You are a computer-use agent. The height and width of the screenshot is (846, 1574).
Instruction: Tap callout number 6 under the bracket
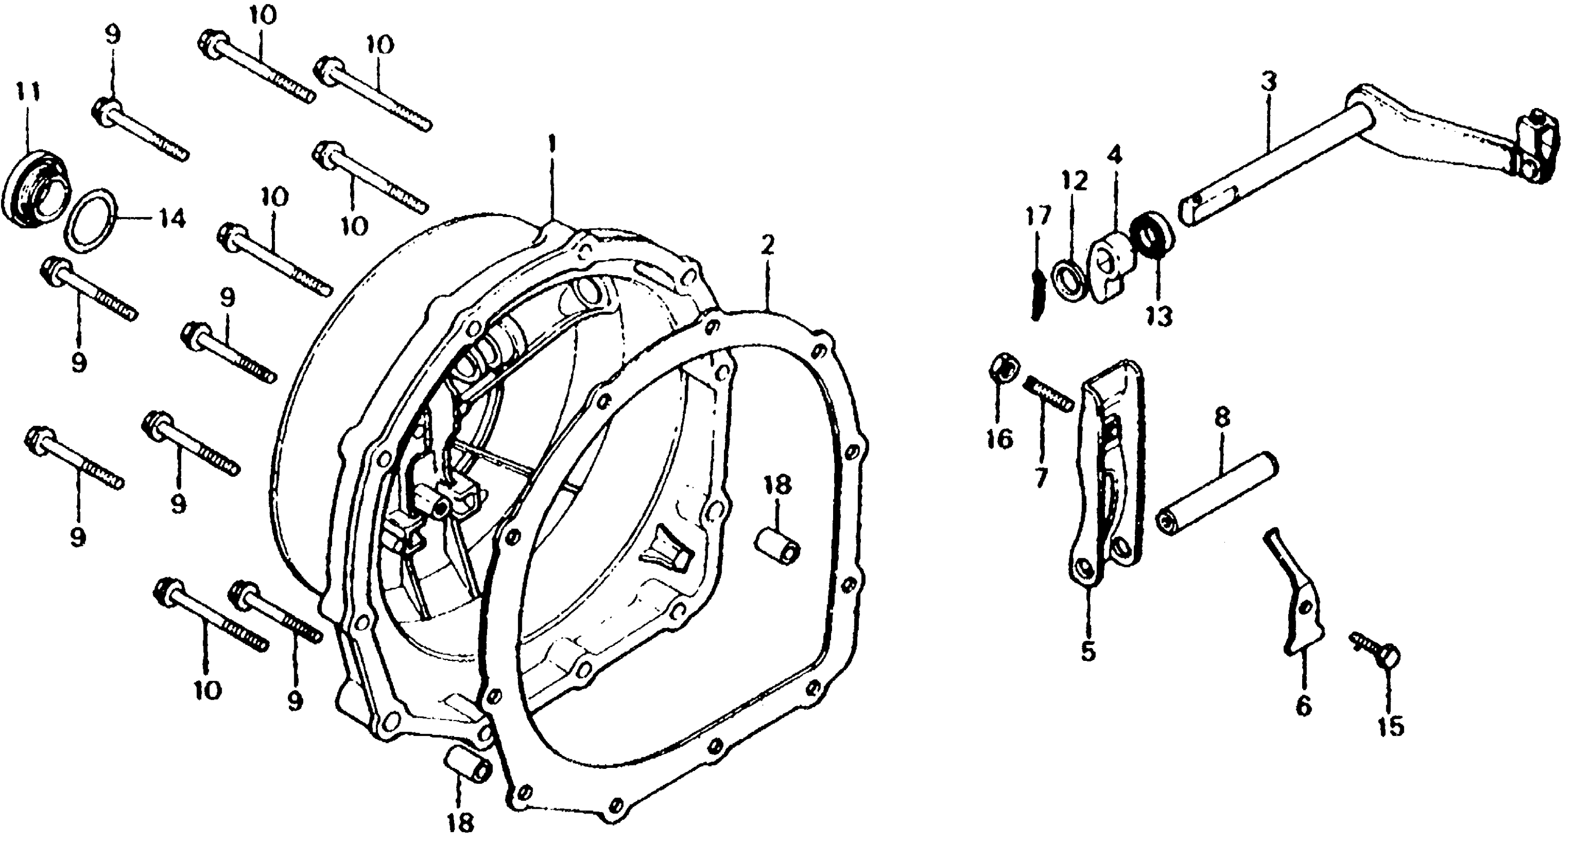[x=1303, y=707]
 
